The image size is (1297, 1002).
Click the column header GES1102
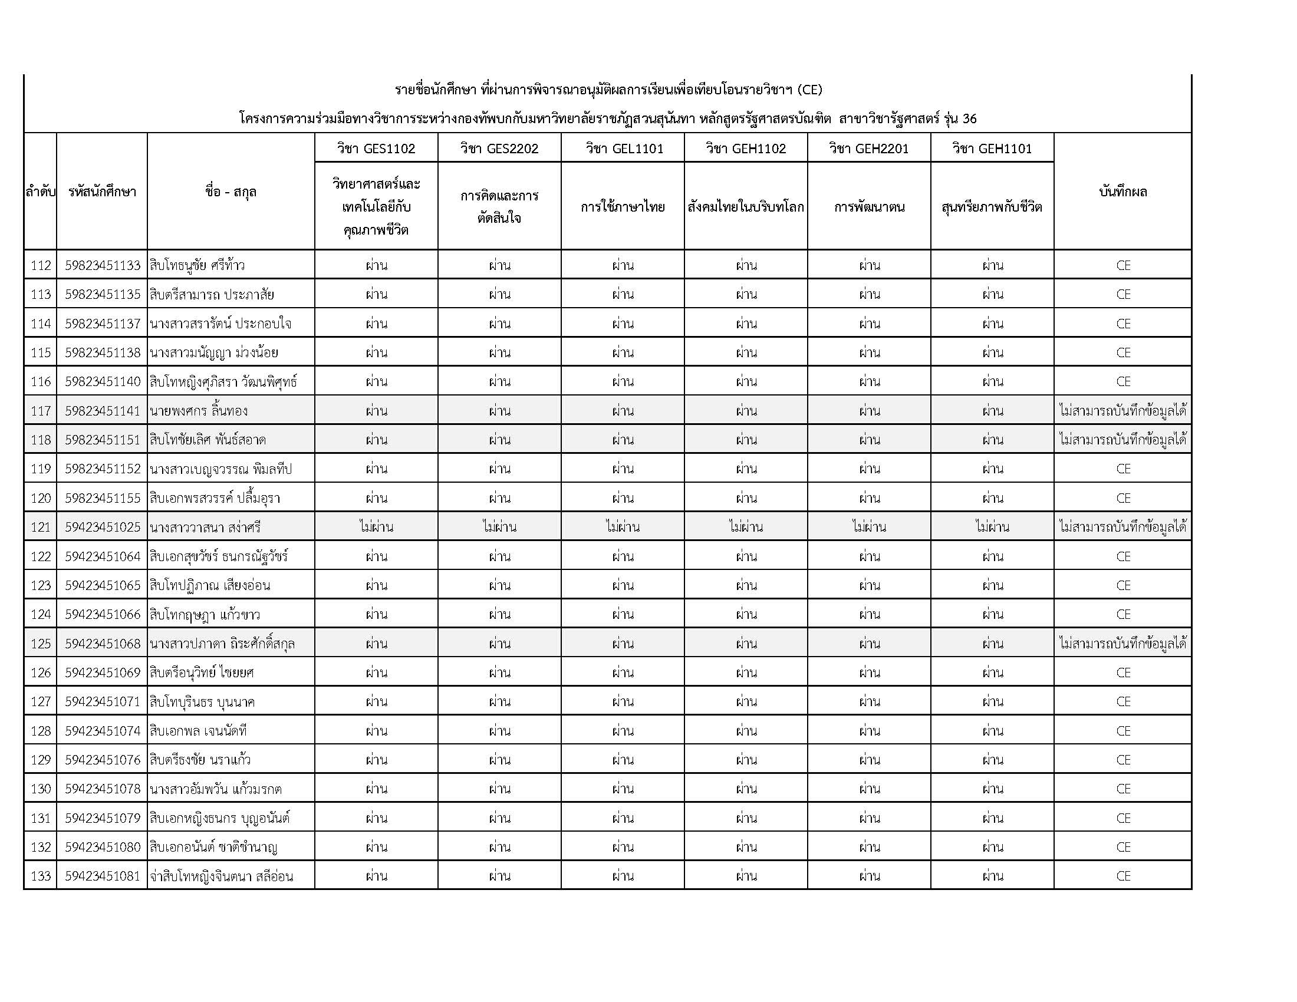click(376, 149)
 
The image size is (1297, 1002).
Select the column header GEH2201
click(869, 149)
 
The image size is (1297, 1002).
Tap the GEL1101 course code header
click(623, 149)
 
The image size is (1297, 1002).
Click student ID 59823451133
click(102, 265)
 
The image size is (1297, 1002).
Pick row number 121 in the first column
click(40, 527)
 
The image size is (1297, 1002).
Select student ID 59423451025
click(102, 527)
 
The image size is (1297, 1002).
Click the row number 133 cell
click(40, 876)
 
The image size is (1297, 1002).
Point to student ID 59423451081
click(102, 876)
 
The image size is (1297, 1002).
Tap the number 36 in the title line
click(969, 118)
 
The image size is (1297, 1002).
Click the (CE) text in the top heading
click(809, 90)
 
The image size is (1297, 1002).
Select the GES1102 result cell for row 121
click(376, 527)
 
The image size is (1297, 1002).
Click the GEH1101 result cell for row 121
click(992, 527)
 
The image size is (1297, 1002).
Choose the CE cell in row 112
click(1123, 265)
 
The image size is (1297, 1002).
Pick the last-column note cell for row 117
click(1122, 411)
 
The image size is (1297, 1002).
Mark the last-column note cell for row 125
click(1122, 644)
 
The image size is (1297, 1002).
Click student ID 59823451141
click(102, 411)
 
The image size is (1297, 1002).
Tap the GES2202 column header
click(499, 149)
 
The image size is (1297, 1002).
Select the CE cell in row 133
click(1123, 876)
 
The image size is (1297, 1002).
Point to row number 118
click(40, 440)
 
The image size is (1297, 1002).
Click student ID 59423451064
click(102, 556)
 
